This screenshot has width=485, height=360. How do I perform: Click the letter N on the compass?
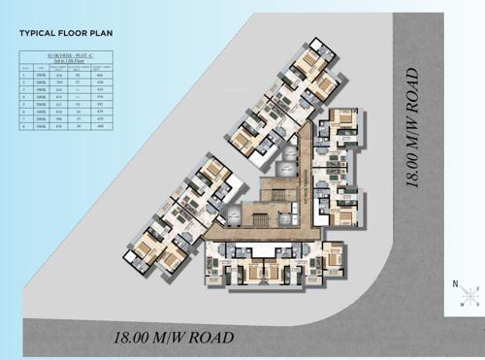[x=454, y=283]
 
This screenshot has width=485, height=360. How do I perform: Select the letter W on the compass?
[x=465, y=306]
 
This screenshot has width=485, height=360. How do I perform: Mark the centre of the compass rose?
[x=469, y=293]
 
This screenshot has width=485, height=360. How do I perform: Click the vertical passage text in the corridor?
[x=308, y=175]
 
